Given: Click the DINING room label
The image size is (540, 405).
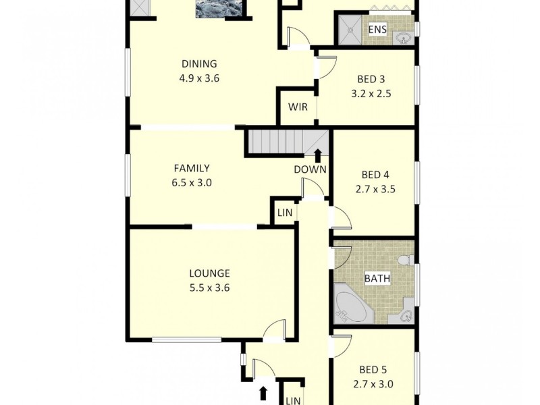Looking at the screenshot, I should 199,64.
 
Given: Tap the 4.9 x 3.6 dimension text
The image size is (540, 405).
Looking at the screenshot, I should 199,78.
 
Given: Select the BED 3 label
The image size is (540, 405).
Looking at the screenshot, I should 367,79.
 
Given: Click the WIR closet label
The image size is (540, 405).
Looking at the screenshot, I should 298,107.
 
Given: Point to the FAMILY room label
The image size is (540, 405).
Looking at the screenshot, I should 192,168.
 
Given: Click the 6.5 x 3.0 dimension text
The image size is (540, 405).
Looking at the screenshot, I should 192,182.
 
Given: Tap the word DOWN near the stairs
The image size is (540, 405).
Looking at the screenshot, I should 310,169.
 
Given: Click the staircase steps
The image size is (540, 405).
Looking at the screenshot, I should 277,142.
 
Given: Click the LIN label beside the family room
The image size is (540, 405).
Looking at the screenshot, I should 285,213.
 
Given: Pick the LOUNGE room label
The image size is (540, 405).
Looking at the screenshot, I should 209,273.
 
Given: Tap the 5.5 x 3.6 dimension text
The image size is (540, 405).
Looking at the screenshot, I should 209,288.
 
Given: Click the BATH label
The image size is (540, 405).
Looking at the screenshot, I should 376,278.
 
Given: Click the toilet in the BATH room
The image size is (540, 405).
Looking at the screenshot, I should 404,260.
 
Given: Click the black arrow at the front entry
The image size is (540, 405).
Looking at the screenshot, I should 263,392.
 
